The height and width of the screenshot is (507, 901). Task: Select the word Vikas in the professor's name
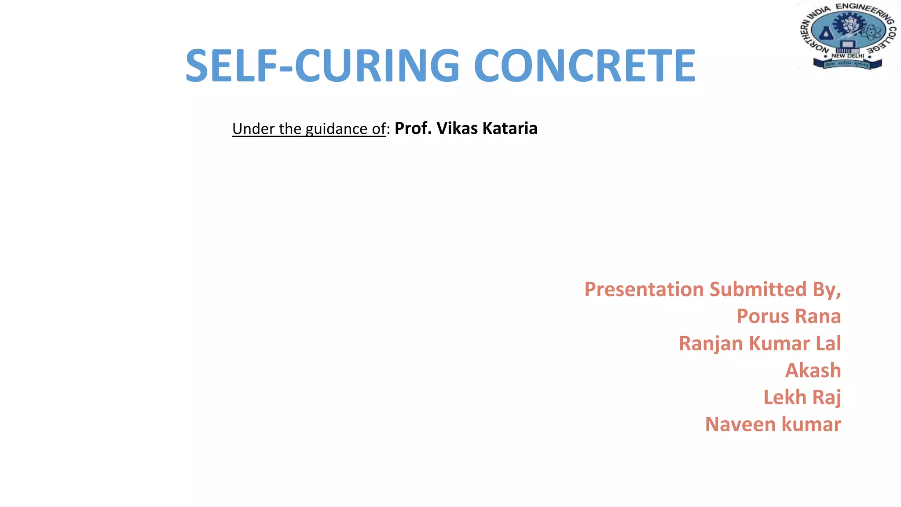457,129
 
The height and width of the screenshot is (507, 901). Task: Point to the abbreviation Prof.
413,129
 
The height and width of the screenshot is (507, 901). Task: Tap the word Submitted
758,290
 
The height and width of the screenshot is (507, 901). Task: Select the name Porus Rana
788,316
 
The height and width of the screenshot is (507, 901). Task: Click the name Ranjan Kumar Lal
759,344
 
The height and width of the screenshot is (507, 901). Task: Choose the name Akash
813,371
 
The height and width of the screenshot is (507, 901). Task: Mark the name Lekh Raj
802,397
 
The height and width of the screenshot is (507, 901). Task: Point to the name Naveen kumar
773,425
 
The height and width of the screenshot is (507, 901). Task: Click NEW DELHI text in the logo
847,56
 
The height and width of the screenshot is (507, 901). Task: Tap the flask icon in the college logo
825,32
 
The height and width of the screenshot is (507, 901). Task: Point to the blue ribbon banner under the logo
847,65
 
